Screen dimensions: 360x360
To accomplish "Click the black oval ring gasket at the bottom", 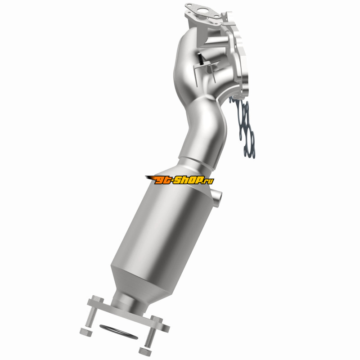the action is click(x=118, y=332).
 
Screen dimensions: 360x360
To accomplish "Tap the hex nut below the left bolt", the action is click(x=86, y=332).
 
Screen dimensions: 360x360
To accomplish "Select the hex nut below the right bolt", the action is click(x=145, y=351).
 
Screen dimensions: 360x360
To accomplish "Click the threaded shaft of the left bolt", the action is click(x=91, y=316).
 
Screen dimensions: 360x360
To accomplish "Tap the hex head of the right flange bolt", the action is click(x=157, y=320).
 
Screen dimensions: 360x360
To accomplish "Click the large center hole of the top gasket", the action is click(x=202, y=10).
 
